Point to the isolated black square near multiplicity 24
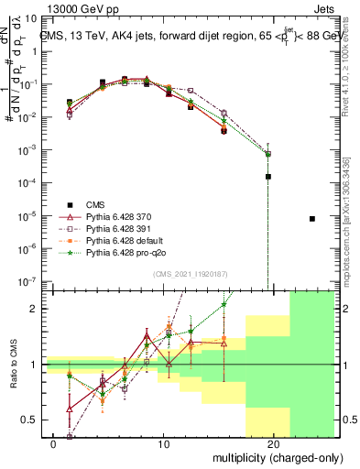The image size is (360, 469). [312, 219]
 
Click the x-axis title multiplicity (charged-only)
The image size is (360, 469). [279, 456]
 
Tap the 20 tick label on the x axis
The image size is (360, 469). [273, 443]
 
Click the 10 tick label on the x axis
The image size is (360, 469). [163, 443]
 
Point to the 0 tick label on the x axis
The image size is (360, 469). [54, 443]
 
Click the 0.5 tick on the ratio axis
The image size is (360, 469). [34, 420]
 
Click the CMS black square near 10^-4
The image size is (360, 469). [268, 177]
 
